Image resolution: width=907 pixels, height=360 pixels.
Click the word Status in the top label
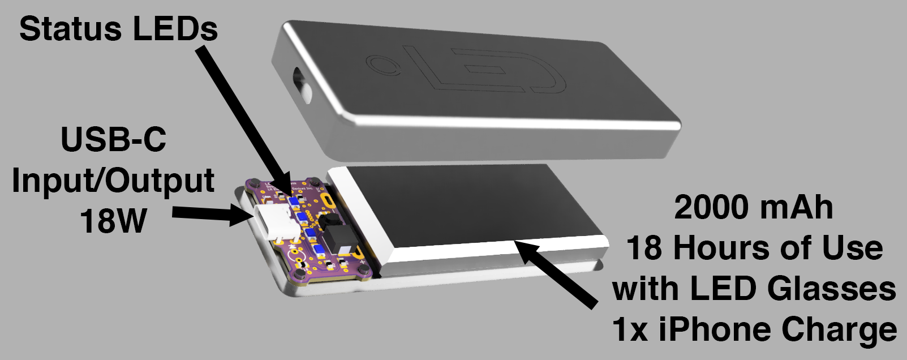click(70, 29)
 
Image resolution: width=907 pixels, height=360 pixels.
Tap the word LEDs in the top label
click(175, 29)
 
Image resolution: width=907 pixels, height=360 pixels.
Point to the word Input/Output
click(113, 181)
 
